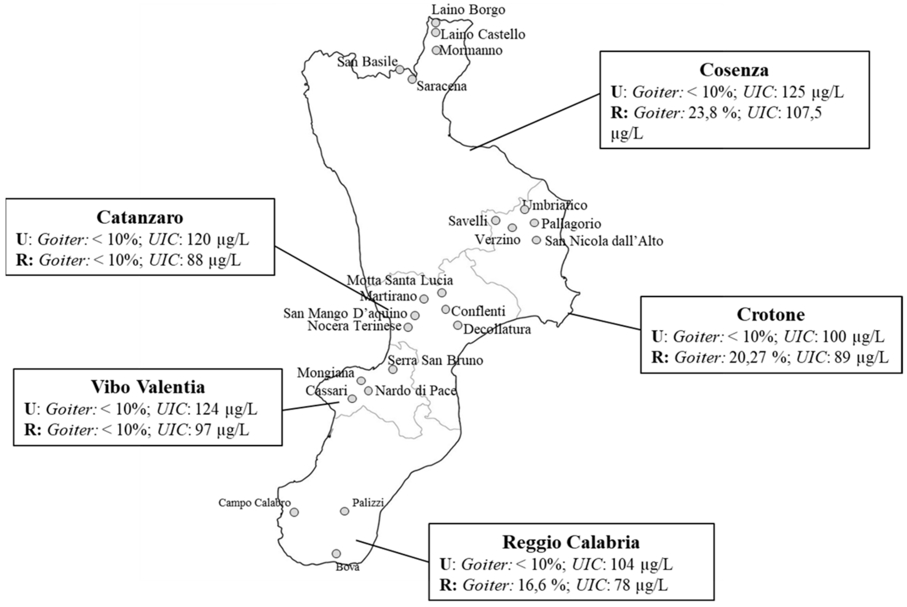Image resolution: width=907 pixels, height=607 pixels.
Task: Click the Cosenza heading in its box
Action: point(734,70)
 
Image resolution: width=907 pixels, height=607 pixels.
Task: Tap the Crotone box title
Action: point(770,314)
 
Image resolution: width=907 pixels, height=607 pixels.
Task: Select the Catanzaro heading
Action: point(140,217)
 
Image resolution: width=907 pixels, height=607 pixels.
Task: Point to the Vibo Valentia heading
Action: point(148,387)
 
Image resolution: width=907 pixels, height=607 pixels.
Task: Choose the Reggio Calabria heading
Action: point(571,542)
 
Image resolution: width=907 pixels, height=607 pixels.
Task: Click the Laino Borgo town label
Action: point(469,10)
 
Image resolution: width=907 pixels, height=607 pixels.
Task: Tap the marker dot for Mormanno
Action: point(436,50)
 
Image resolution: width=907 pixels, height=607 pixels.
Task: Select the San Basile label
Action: point(367,62)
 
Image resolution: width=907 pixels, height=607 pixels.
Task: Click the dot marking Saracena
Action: point(412,79)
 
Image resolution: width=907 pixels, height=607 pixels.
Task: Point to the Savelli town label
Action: point(468,221)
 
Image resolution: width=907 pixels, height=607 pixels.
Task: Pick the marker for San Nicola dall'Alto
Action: point(536,240)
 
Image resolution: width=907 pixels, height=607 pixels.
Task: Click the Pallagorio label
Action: point(571,224)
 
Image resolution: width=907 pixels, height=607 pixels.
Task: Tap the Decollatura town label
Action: point(497,330)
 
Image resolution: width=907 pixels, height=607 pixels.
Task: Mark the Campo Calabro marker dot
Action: point(294,512)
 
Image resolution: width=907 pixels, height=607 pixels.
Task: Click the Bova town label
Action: point(347,567)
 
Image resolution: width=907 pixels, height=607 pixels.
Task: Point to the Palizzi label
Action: point(368,503)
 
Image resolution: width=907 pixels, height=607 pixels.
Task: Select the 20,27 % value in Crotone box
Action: point(759,358)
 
